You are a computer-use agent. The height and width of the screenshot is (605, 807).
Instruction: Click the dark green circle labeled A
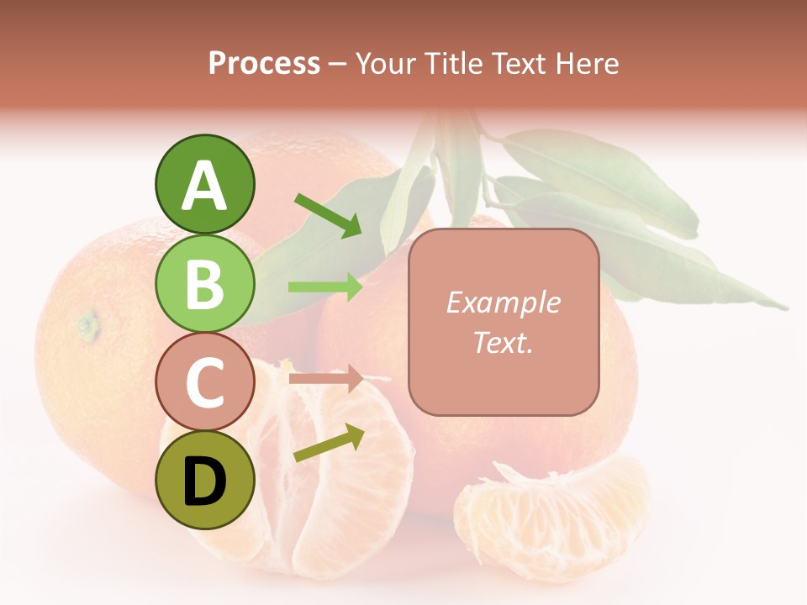205,185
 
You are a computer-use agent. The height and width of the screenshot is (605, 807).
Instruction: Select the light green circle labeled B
205,284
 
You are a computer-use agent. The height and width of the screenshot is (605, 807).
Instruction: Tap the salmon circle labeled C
205,382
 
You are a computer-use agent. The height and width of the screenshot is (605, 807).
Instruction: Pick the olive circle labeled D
205,481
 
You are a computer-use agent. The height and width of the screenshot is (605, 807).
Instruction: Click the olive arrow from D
329,443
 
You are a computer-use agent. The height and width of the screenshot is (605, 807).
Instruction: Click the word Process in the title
264,63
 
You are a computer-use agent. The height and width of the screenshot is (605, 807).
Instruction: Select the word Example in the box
503,302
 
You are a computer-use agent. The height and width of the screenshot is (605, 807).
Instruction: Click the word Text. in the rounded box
503,342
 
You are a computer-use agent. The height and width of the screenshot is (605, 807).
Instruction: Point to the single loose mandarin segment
551,513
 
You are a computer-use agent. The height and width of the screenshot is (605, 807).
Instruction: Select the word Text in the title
518,63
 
